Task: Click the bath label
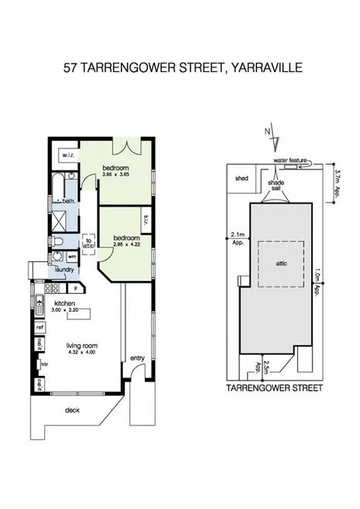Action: [x=68, y=201]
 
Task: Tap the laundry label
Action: [x=63, y=269]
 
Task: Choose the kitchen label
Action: [x=65, y=303]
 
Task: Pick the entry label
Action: [x=137, y=357]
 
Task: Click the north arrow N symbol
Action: [x=267, y=133]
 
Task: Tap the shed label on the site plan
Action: [x=241, y=179]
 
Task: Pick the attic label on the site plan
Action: [x=281, y=263]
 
